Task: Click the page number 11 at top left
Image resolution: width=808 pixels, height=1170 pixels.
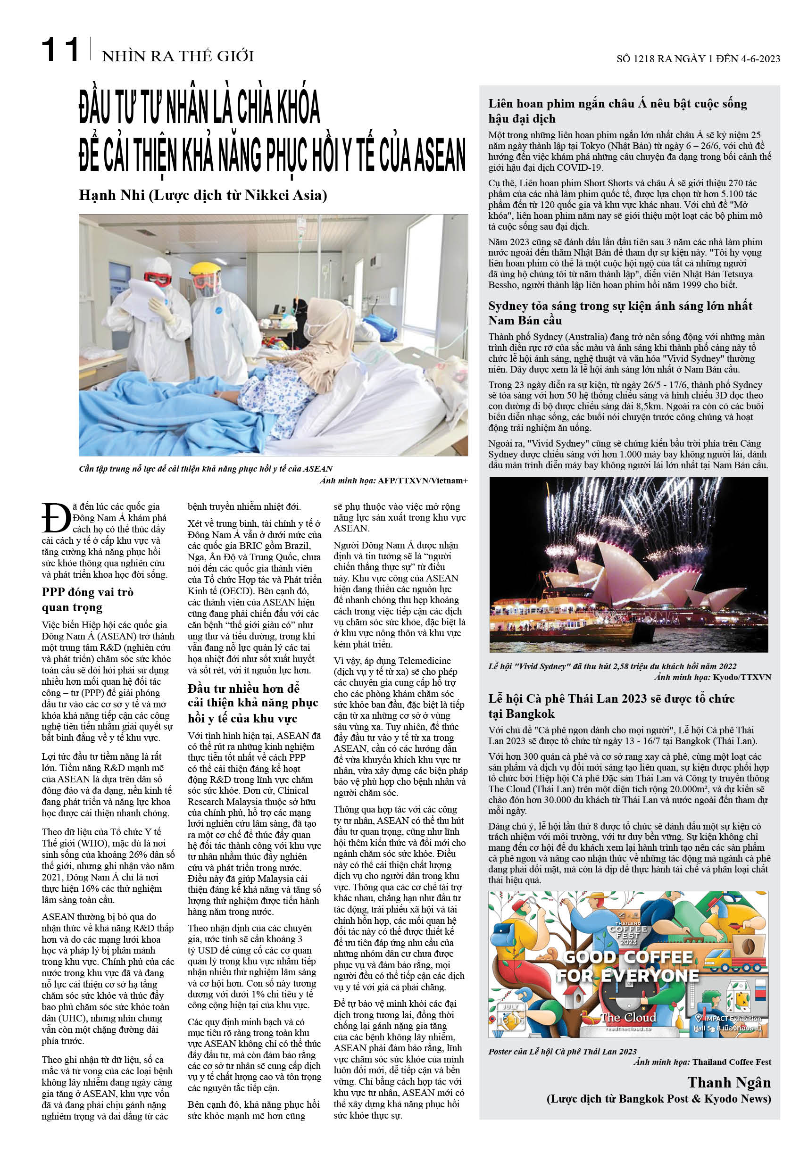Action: [60, 51]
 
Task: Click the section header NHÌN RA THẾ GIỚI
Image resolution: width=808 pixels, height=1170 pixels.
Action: [178, 56]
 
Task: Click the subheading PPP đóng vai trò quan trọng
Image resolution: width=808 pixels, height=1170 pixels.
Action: [87, 600]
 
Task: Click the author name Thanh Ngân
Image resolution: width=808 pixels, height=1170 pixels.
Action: [729, 1082]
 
